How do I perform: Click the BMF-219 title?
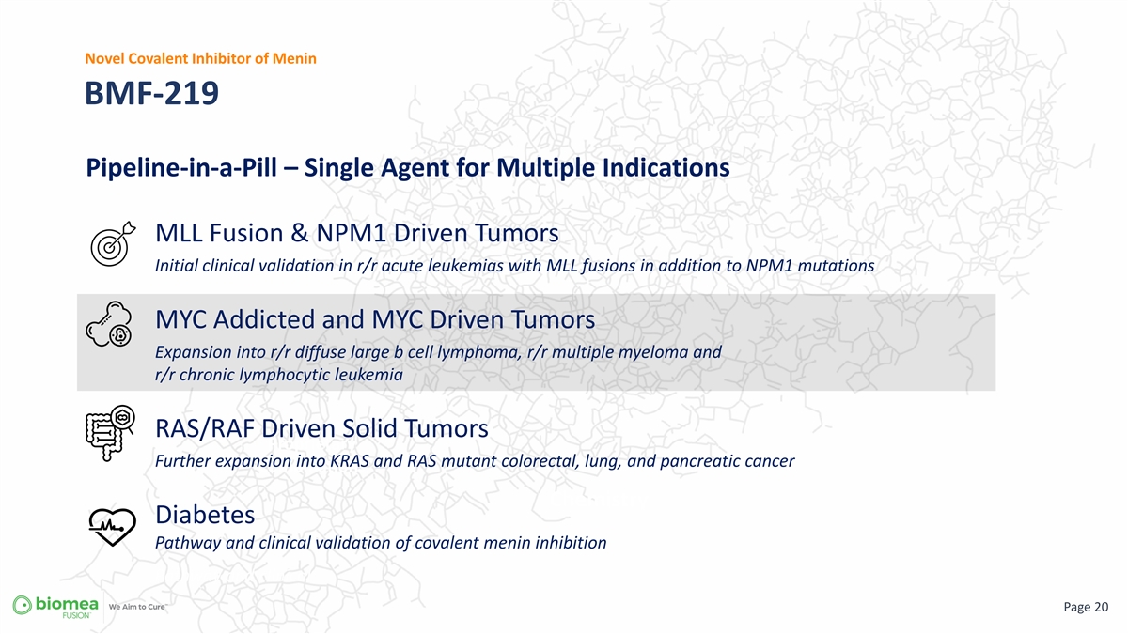coord(151,93)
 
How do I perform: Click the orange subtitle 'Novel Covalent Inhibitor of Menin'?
coord(200,58)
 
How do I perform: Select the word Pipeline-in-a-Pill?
coord(181,167)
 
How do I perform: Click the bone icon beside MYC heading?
coord(109,323)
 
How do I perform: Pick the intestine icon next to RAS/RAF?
coord(110,433)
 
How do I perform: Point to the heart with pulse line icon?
coord(112,527)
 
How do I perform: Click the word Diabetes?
coord(205,515)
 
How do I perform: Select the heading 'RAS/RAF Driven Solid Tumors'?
coord(321,428)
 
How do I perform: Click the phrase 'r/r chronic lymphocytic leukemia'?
coord(279,375)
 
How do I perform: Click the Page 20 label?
coord(1086,607)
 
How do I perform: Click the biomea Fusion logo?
coord(55,607)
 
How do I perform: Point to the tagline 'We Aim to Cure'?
coord(138,607)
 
